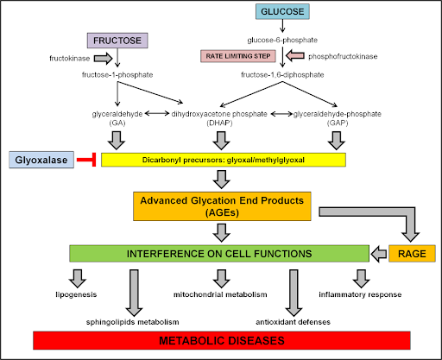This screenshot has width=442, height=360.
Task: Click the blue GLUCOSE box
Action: [x=282, y=11]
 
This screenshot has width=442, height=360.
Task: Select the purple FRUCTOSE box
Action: [x=117, y=41]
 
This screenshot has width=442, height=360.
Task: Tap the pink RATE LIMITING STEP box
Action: [x=238, y=56]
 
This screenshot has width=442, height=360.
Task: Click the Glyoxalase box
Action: [x=41, y=160]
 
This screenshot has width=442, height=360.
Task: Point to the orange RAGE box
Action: [x=412, y=254]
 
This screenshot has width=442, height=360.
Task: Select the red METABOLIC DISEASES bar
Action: [x=222, y=340]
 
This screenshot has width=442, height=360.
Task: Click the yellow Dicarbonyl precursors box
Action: [x=224, y=160]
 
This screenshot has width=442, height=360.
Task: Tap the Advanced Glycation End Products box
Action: [x=222, y=206]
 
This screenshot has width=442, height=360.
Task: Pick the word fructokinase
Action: [x=70, y=59]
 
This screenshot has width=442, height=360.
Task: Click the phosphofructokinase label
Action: [x=343, y=56]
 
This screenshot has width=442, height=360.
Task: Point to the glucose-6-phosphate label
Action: [x=282, y=40]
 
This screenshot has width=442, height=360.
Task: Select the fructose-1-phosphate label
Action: [x=117, y=75]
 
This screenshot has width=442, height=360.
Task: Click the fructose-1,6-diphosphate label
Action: [x=282, y=75]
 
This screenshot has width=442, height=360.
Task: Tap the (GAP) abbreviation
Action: [x=338, y=123]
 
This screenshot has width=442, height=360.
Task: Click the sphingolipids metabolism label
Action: [x=133, y=322]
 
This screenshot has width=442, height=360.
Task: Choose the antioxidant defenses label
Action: [x=293, y=322]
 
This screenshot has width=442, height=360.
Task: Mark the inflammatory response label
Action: [x=360, y=294]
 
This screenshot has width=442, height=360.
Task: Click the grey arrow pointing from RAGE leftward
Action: [x=379, y=254]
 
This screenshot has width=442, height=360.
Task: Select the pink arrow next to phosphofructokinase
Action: [x=295, y=55]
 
